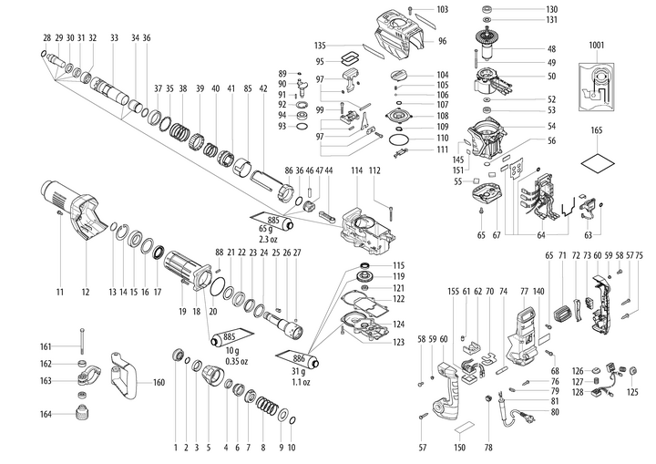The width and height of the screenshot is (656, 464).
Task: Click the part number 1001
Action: tap(596, 44)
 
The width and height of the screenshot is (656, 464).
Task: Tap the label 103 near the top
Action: tap(443, 9)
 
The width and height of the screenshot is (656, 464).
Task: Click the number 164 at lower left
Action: tap(46, 415)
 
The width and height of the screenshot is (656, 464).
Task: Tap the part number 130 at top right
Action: tap(552, 9)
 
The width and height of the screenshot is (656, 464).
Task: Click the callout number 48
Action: tap(552, 48)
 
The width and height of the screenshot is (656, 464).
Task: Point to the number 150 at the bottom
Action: tap(459, 448)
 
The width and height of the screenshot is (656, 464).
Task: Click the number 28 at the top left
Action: tap(46, 37)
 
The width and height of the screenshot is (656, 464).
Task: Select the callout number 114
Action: tap(356, 170)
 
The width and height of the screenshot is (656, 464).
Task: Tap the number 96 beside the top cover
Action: tap(442, 42)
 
